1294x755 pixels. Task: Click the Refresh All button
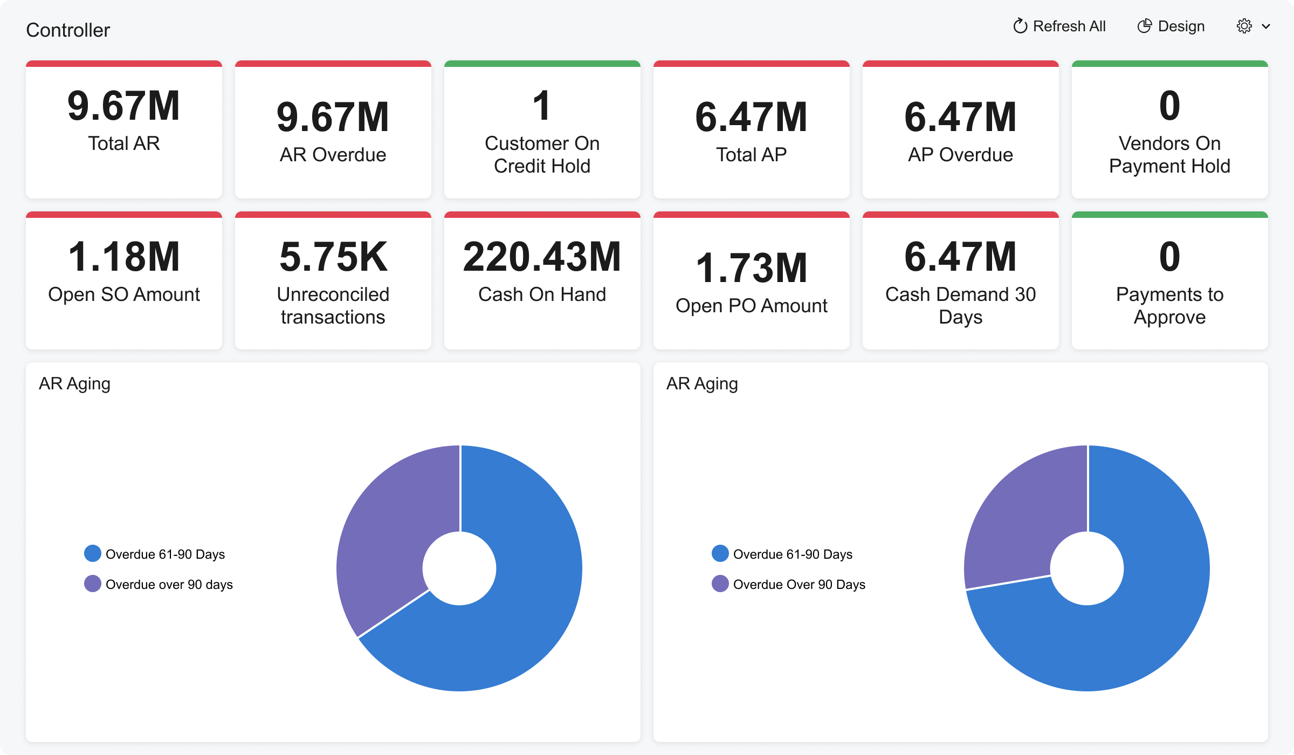[1059, 26]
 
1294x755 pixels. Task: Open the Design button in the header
[1171, 26]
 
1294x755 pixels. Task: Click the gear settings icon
[1244, 26]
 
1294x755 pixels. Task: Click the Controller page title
[68, 30]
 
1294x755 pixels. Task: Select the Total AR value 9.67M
[124, 106]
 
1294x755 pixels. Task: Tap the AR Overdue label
[333, 155]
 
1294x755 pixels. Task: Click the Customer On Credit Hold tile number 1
[542, 106]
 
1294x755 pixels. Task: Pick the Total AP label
[751, 155]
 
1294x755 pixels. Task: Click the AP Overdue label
[960, 155]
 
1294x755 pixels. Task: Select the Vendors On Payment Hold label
[1169, 155]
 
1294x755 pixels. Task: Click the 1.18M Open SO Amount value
[124, 257]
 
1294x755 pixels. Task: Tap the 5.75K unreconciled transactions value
[333, 257]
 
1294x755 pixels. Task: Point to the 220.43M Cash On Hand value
[542, 257]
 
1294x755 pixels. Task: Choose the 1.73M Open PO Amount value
[751, 269]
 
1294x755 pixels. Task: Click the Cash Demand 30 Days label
[960, 306]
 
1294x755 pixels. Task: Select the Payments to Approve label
[1169, 306]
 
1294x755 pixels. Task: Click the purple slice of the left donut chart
[388, 528]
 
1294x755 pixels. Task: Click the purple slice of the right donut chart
[1019, 518]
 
